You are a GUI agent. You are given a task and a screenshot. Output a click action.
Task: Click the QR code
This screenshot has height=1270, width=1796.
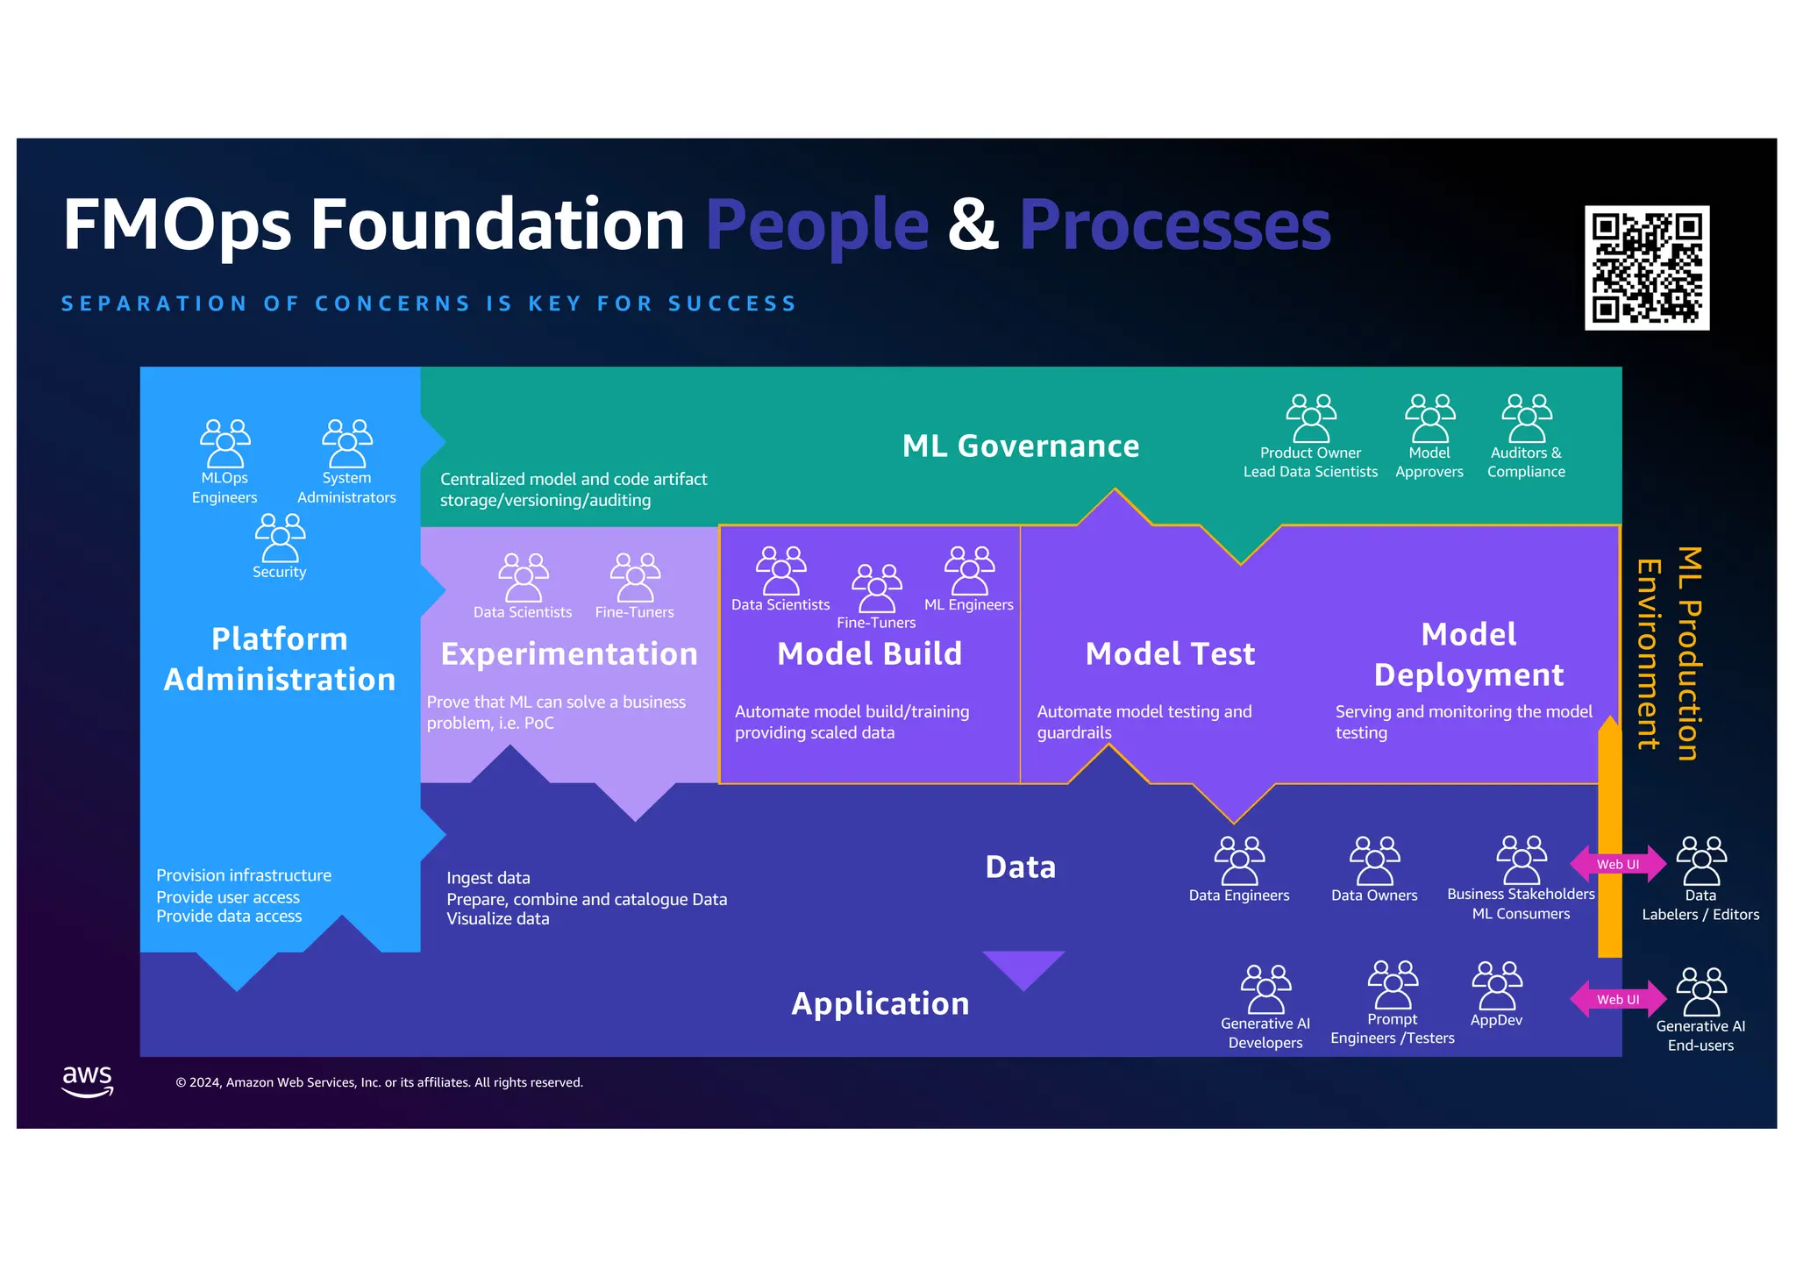(1646, 268)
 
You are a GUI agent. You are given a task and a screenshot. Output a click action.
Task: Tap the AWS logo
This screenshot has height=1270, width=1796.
(88, 1081)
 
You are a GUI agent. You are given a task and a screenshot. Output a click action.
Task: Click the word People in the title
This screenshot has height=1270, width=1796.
(816, 225)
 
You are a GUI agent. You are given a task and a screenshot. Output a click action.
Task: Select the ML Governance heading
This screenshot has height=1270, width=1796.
(1021, 446)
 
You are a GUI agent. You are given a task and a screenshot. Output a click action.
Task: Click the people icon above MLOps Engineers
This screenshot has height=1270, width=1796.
(224, 443)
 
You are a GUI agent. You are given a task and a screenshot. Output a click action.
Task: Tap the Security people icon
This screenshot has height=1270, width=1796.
(280, 538)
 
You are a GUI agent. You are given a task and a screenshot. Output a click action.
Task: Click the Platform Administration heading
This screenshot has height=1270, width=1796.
(280, 659)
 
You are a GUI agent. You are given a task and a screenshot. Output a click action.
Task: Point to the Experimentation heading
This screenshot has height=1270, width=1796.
(569, 654)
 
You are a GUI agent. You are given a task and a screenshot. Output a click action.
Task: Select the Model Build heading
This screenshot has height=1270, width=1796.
(869, 654)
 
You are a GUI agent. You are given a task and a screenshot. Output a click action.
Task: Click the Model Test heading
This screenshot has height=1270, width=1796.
(1170, 654)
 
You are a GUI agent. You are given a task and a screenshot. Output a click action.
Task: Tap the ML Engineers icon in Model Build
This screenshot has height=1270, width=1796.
(969, 571)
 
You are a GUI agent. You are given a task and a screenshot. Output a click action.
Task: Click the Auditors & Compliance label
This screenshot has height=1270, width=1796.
(1526, 462)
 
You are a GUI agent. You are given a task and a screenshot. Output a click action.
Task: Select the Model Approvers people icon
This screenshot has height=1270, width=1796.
(1429, 418)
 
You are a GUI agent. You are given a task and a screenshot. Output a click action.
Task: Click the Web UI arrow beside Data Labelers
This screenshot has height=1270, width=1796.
(1617, 864)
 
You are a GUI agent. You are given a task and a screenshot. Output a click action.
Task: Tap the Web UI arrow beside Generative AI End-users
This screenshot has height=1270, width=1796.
(1617, 999)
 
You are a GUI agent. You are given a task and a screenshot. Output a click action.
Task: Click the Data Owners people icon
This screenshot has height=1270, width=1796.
(1374, 860)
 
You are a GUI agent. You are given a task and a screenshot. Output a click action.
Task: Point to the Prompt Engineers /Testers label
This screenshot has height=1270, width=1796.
(1392, 1029)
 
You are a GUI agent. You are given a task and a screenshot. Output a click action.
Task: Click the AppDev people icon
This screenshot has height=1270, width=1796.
(1497, 986)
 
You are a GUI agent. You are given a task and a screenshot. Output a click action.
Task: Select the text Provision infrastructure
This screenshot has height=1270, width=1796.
(244, 875)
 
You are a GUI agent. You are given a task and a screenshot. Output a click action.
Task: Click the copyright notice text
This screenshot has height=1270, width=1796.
(379, 1082)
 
